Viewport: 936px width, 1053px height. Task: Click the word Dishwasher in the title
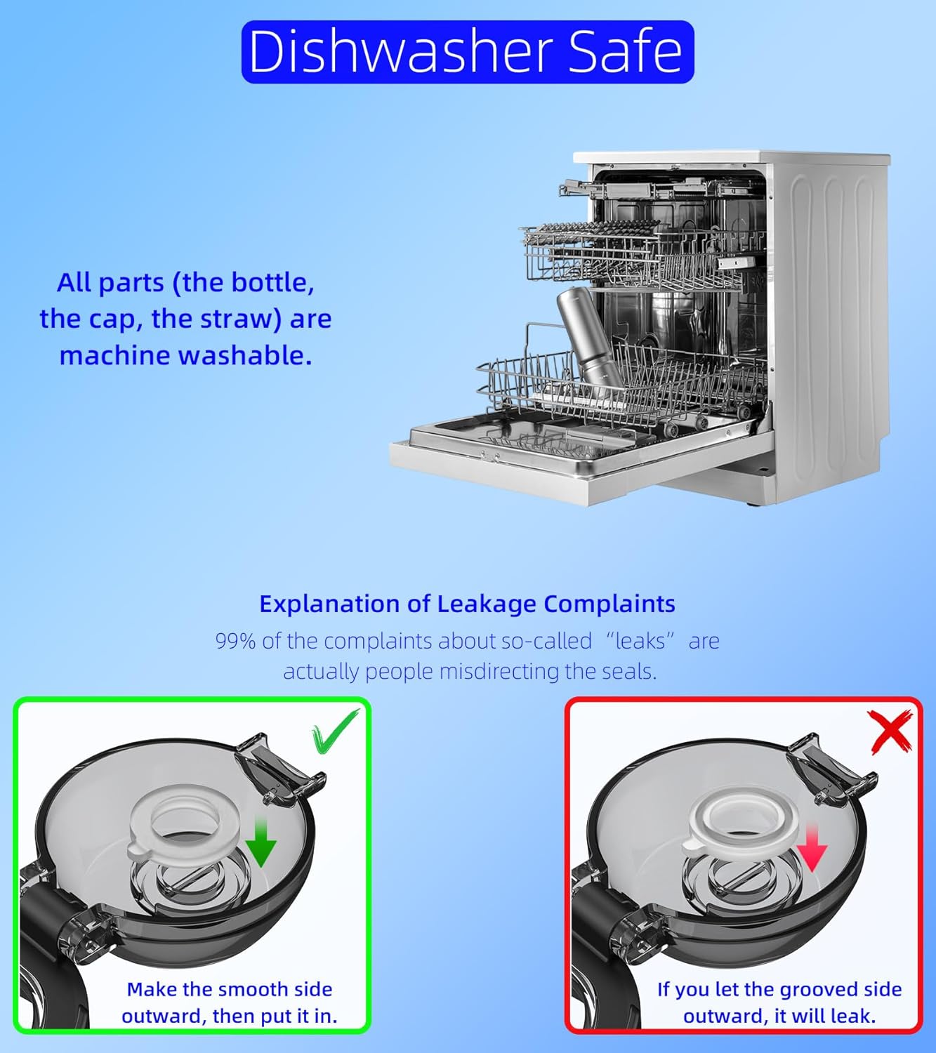pos(400,51)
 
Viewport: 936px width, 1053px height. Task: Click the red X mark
pos(890,732)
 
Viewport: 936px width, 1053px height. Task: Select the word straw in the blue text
pos(237,319)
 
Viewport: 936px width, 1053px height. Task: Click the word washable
pos(245,356)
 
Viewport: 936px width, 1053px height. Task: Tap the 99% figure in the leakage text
pos(235,641)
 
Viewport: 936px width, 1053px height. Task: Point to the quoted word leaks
pos(640,641)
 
